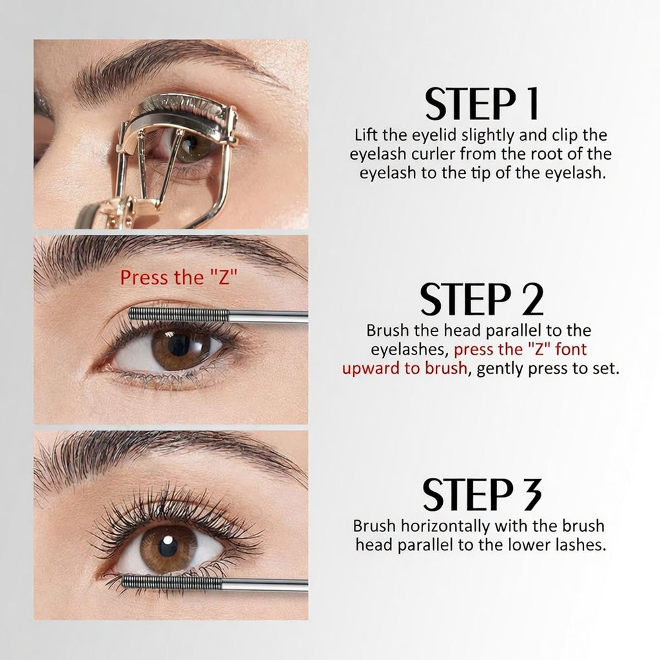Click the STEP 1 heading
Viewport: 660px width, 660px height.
(482, 104)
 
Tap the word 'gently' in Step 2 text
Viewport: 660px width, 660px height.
(499, 368)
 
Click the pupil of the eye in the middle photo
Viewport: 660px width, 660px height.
(179, 345)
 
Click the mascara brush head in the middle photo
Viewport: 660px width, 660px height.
(178, 314)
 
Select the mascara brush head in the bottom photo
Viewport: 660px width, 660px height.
(173, 582)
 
